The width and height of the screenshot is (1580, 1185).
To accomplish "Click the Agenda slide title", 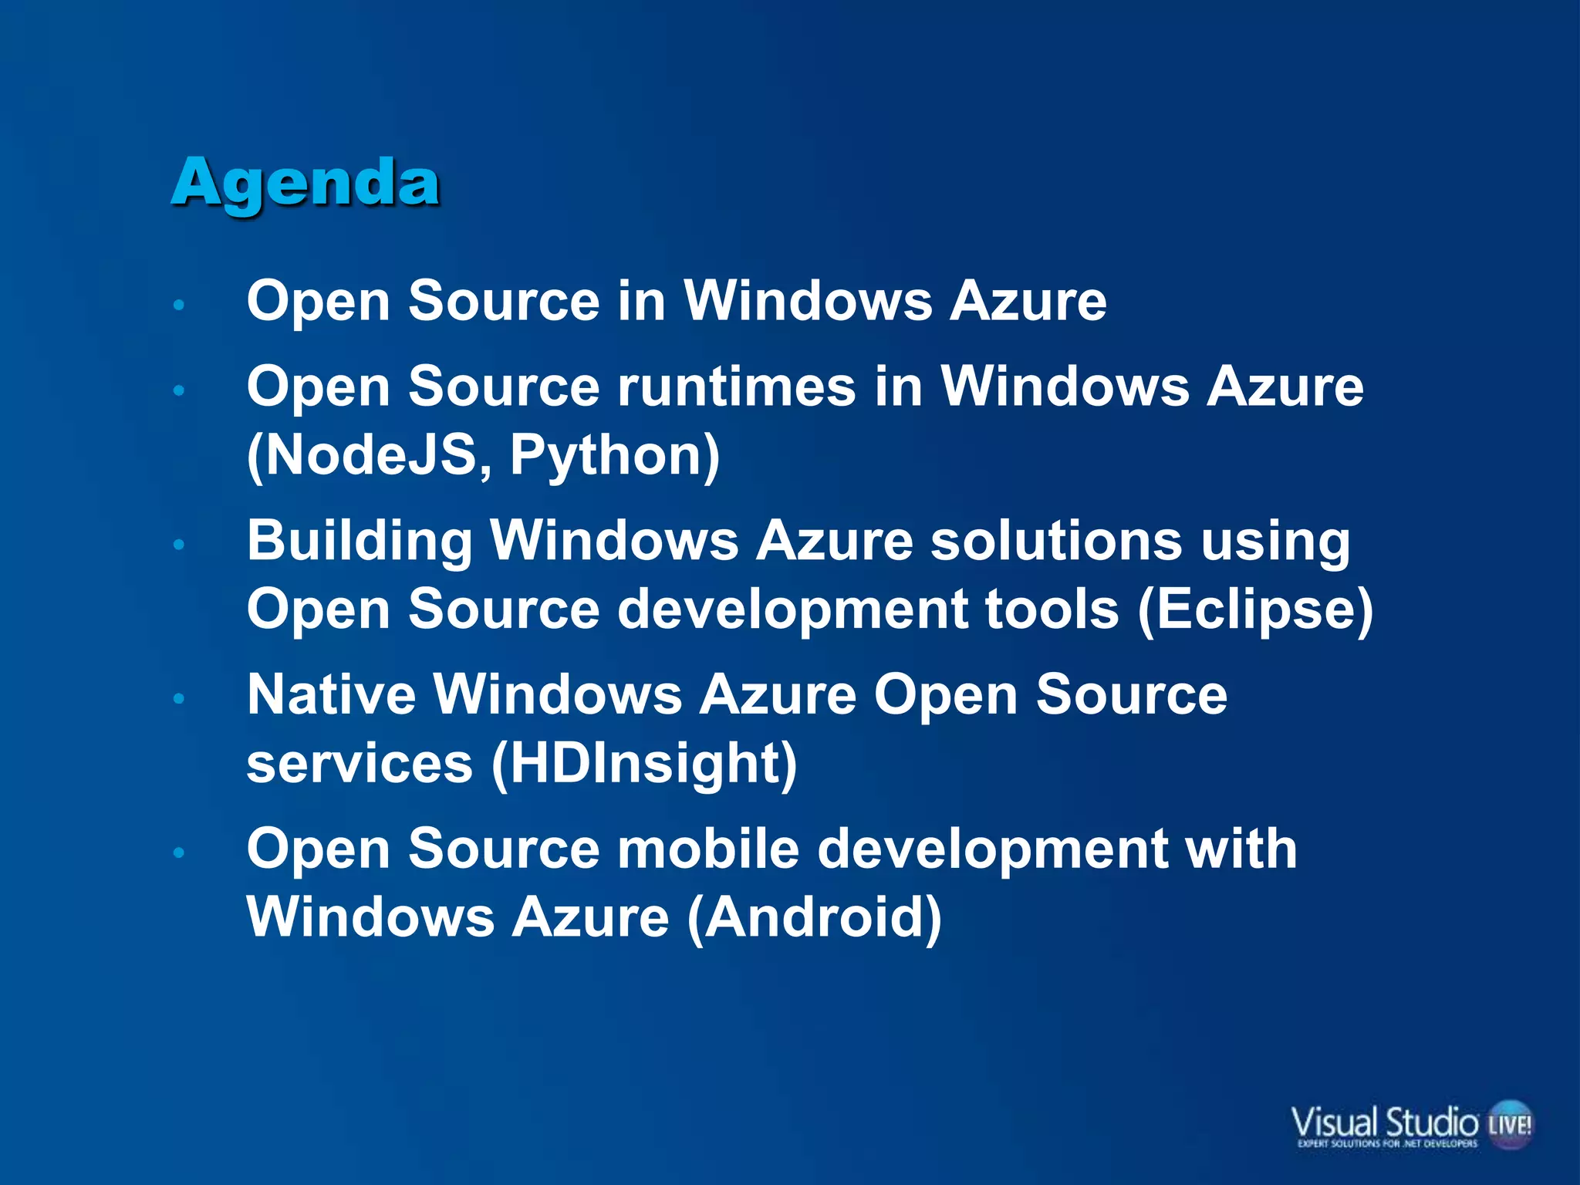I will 306,183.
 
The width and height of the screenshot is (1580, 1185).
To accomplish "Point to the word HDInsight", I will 645,764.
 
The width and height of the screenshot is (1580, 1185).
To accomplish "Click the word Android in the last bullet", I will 814,918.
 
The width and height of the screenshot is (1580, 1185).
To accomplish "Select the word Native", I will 332,694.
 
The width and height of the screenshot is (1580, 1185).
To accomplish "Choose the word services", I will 360,764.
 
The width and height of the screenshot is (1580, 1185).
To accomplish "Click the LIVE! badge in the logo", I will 1510,1124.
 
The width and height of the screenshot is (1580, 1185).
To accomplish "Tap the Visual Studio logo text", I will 1384,1121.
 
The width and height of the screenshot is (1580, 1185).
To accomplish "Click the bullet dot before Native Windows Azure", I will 179,698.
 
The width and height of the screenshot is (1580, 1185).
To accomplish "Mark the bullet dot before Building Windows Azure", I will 179,545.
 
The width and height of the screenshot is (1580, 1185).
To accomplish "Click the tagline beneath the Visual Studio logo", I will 1387,1144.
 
